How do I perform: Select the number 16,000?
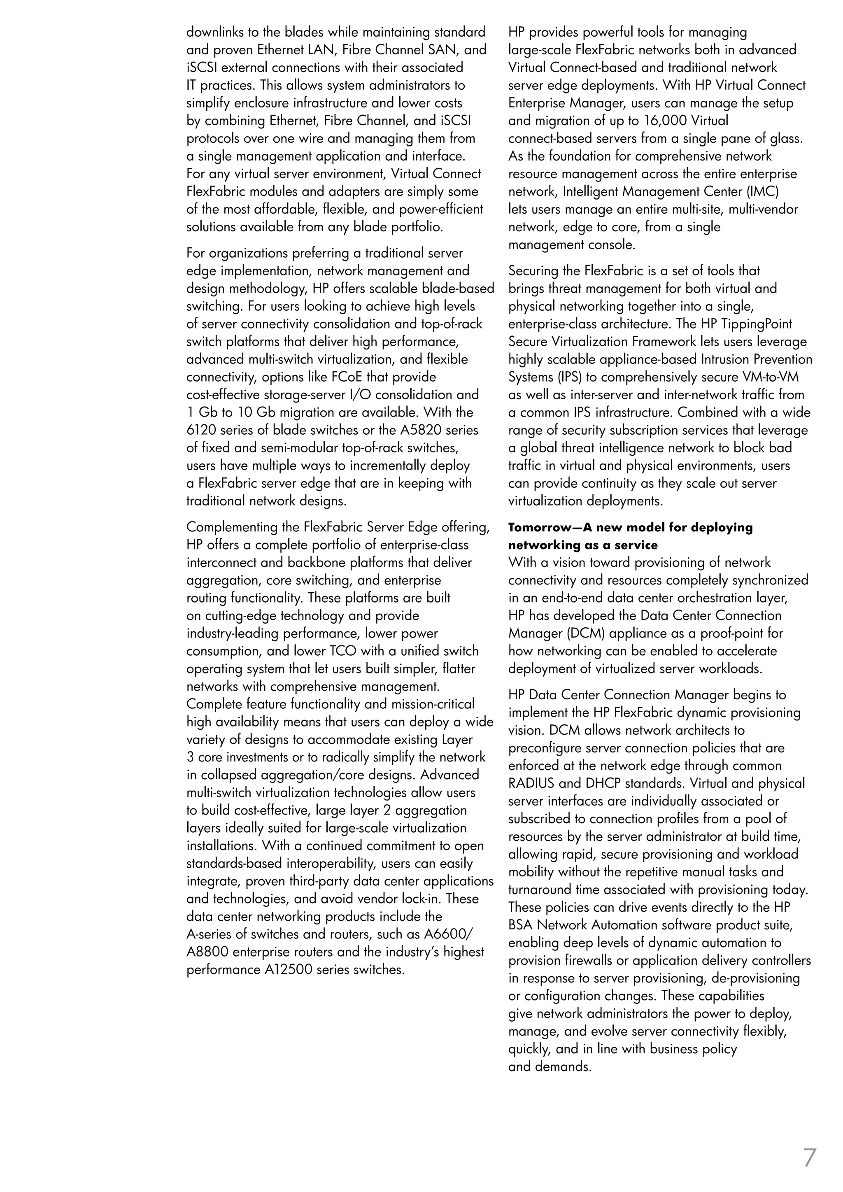(x=668, y=121)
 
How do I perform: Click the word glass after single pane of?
(x=784, y=139)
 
